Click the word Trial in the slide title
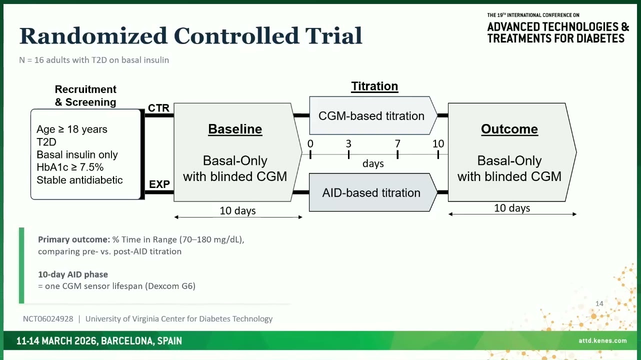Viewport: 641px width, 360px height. point(334,36)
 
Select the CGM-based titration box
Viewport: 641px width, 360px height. point(373,115)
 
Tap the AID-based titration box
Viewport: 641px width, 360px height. point(373,192)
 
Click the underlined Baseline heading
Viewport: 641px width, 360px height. point(235,129)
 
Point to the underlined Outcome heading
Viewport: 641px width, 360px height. point(509,129)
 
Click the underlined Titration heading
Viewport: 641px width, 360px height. point(374,86)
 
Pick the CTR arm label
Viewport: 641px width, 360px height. point(159,108)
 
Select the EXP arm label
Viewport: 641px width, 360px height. point(159,184)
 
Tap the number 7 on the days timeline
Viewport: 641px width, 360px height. point(397,143)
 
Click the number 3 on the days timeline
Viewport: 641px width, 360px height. point(348,143)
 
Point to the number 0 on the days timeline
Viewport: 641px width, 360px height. point(310,143)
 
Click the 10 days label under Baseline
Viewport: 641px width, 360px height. point(237,210)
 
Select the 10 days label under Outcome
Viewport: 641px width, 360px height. point(512,208)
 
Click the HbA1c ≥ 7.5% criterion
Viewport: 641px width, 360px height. point(70,167)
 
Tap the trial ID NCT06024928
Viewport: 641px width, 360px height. point(48,319)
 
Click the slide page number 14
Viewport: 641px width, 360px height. point(599,303)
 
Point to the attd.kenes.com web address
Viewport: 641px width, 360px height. point(602,340)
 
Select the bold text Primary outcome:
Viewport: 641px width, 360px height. point(74,239)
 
